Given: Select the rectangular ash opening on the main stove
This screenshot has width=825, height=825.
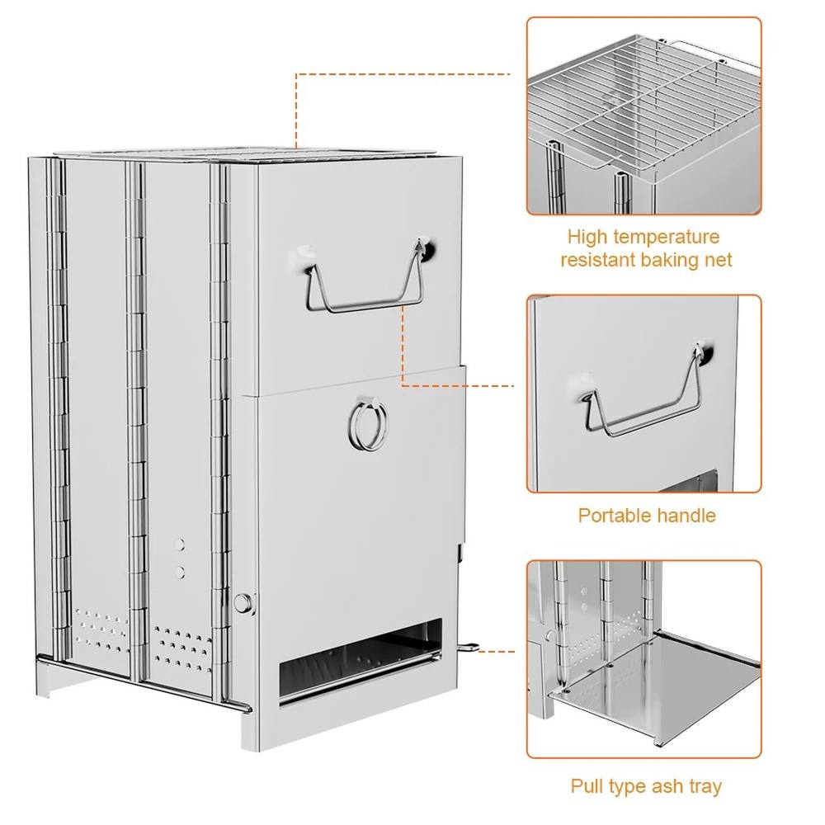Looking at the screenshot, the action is [x=361, y=660].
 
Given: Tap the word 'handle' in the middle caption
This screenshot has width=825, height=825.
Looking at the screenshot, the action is [x=685, y=515].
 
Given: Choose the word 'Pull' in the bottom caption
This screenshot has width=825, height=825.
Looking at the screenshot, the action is [x=587, y=786].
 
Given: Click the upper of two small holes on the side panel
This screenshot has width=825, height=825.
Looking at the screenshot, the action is [x=181, y=544].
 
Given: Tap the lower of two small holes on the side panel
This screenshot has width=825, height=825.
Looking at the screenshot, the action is [x=181, y=572].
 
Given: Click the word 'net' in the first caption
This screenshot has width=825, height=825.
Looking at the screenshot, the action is [x=720, y=259].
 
